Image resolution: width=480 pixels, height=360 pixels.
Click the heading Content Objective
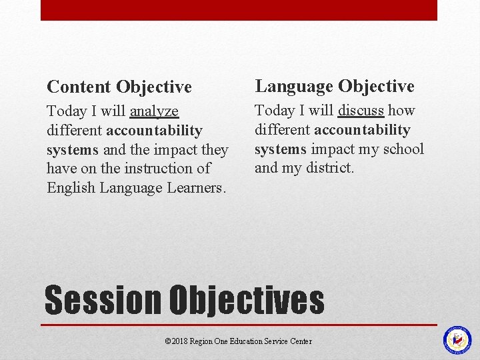point(119,87)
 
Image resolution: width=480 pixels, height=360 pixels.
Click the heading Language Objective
point(334,86)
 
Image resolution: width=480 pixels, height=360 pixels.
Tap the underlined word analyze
point(154,111)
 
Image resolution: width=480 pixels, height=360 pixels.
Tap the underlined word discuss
point(361,111)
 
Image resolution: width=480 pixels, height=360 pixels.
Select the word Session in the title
point(103,301)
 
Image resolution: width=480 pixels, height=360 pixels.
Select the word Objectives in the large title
point(246,301)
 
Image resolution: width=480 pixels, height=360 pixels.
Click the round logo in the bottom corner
point(457,340)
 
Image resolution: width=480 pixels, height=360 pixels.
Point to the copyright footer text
point(238,341)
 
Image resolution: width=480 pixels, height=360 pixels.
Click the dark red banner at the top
point(239,10)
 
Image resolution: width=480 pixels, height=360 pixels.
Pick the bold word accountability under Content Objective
point(154,130)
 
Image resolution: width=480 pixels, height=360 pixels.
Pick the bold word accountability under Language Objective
point(362,129)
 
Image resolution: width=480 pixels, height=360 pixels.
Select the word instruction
point(160,169)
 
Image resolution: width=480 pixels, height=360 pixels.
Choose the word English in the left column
point(71,188)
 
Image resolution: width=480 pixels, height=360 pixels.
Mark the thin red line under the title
point(239,325)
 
